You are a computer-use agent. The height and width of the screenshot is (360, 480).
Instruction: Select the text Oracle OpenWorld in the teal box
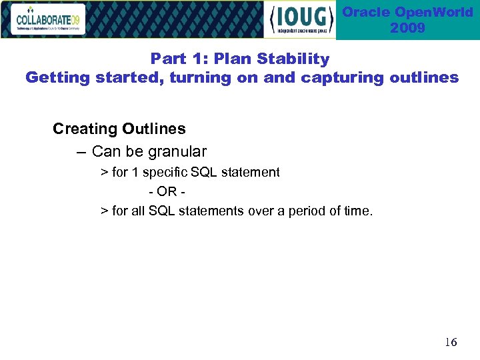407,12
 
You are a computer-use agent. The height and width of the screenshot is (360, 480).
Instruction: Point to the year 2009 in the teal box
407,28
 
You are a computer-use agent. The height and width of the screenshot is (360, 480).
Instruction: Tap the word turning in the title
200,77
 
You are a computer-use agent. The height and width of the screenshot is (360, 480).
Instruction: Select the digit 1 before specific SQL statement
135,173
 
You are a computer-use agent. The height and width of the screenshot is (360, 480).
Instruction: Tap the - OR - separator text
167,192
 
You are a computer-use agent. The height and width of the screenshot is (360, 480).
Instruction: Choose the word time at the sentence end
359,211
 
